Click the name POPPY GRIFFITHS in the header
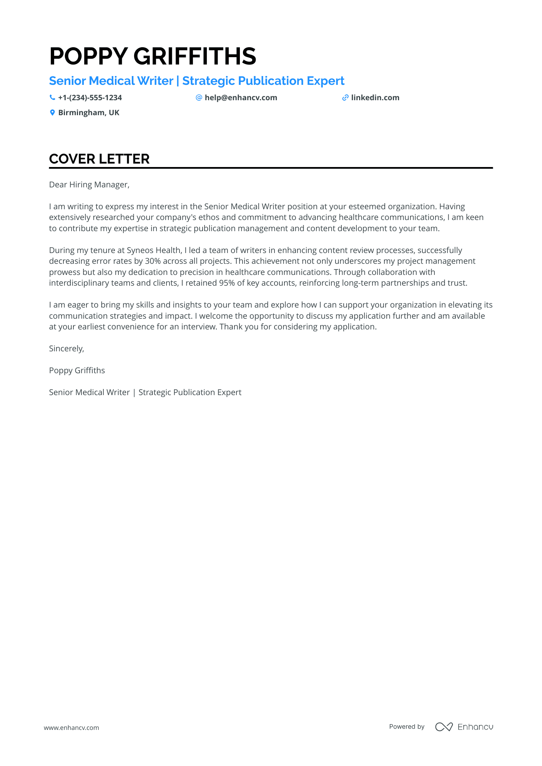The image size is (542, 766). [x=153, y=56]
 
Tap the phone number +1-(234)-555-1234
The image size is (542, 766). [x=90, y=98]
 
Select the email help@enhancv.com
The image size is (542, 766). [x=241, y=98]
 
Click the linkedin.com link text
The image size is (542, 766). [x=375, y=98]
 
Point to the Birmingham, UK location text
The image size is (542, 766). [x=89, y=113]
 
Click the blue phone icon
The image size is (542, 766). [x=52, y=98]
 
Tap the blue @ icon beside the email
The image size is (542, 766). [x=199, y=98]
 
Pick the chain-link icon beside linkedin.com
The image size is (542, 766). [x=345, y=98]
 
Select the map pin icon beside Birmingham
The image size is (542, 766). [x=52, y=113]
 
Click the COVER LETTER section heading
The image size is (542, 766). [x=99, y=159]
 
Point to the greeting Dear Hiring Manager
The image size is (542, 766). [x=89, y=185]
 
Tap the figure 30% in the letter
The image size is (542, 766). [x=153, y=261]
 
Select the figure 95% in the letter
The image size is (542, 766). [x=227, y=283]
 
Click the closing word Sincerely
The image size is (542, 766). [x=66, y=349]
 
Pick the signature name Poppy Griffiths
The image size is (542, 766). [x=77, y=371]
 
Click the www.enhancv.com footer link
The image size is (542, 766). [x=71, y=728]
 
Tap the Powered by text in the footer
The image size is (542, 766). [x=407, y=726]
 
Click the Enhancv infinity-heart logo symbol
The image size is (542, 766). [x=444, y=726]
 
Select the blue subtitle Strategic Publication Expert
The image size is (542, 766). [x=263, y=81]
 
